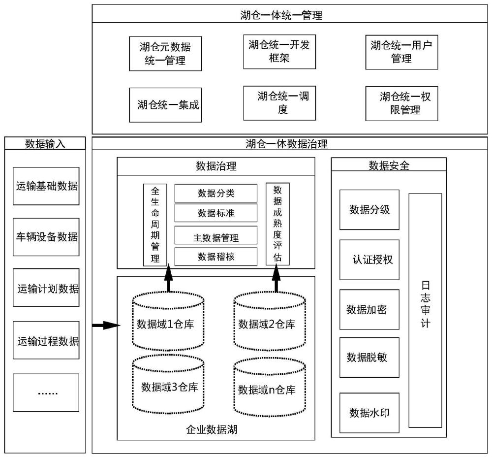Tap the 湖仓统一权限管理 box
coord(401,103)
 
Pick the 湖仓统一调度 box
coord(279,103)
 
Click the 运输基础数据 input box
coord(46,186)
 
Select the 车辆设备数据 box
coord(46,237)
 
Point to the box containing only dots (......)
coord(46,392)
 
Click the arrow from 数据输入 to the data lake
coord(106,325)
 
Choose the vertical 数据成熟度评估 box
coord(277,224)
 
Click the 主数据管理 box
coord(216,238)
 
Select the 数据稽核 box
coord(216,257)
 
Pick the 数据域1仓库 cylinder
coord(168,324)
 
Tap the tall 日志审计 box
coord(425,310)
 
